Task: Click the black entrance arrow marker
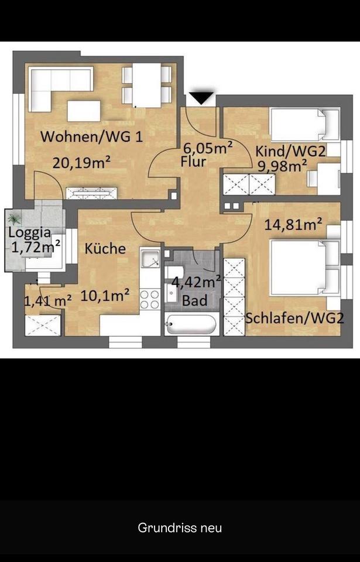pos(201,98)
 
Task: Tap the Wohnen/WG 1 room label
pos(91,137)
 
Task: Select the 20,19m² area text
pos(81,163)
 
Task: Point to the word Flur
pos(194,162)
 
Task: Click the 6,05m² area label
pos(208,148)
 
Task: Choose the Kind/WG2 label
pos(290,152)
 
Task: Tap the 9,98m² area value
pos(283,166)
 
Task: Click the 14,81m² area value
pos(293,225)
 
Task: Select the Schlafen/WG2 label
pos(294,318)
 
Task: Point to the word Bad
pos(194,300)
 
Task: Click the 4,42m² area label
pos(196,282)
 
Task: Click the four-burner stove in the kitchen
pos(149,300)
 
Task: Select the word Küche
pos(105,248)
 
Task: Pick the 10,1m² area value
pos(105,296)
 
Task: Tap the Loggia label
pos(30,233)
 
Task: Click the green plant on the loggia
pos(14,218)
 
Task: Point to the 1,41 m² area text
pos(47,300)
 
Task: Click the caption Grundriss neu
pos(180,527)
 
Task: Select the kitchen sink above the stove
pos(150,258)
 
